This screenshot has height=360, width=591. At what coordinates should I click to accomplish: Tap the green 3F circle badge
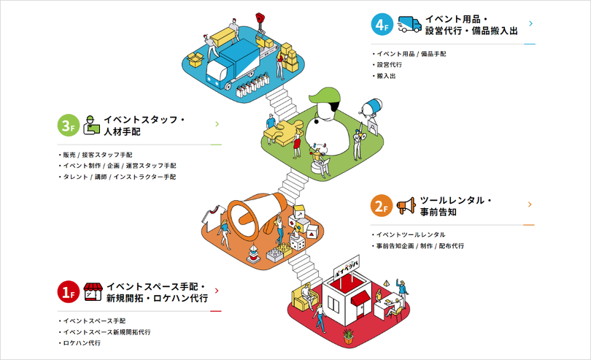click(x=68, y=126)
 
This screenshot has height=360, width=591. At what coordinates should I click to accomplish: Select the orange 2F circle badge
click(x=382, y=207)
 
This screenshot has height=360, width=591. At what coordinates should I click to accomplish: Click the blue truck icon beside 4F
click(x=410, y=24)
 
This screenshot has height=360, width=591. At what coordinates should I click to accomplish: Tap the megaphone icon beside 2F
click(x=406, y=206)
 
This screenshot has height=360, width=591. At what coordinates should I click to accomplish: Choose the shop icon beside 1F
click(x=92, y=291)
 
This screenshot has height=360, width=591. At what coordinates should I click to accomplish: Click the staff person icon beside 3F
click(x=91, y=125)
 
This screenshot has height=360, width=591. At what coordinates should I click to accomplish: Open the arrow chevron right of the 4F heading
click(x=530, y=23)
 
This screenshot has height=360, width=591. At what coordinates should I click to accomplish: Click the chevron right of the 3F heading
click(x=217, y=124)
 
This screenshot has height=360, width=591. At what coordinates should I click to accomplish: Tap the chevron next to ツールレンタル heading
click(x=530, y=204)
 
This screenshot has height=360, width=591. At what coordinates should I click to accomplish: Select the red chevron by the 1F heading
click(x=217, y=291)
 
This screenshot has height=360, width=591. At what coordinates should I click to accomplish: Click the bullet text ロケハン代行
click(x=82, y=342)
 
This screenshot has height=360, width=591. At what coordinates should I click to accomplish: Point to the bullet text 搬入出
click(x=386, y=76)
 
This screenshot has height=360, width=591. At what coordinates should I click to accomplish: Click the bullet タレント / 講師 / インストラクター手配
click(x=120, y=177)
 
